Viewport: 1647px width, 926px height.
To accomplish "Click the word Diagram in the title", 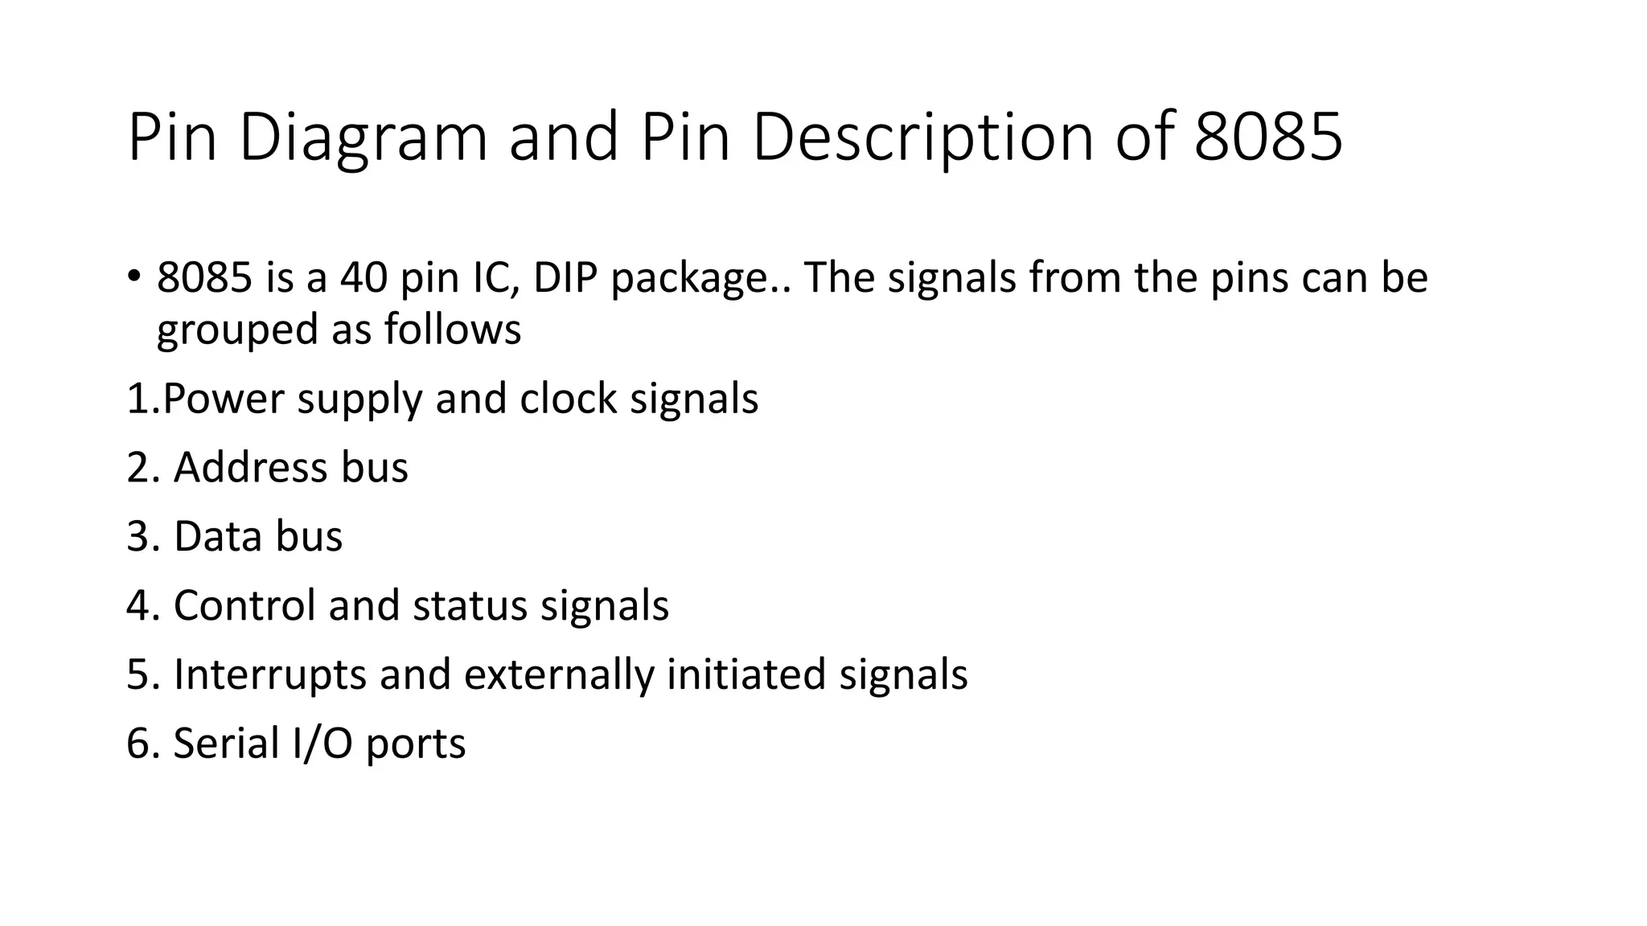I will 363,137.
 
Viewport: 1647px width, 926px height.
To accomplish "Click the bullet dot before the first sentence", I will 133,277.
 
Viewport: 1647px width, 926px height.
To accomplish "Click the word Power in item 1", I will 223,399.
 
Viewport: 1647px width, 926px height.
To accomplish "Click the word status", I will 470,605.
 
